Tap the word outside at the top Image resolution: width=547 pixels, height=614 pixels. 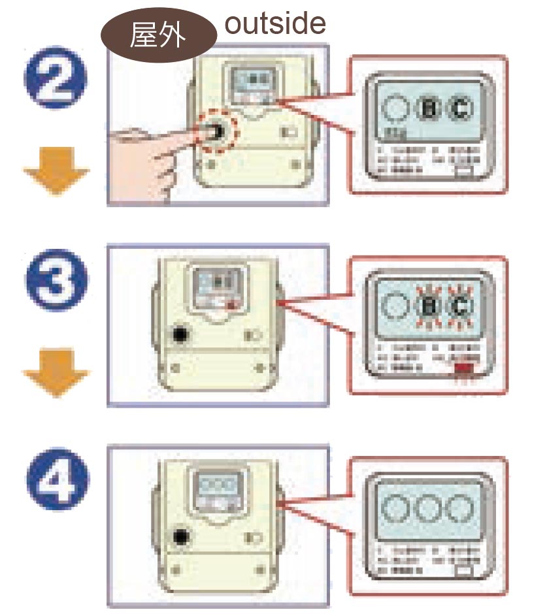(x=274, y=24)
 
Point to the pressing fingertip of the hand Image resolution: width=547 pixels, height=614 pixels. (x=208, y=133)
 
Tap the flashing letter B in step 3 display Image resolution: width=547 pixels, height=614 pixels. (x=429, y=306)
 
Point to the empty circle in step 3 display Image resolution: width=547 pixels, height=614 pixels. (x=396, y=306)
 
